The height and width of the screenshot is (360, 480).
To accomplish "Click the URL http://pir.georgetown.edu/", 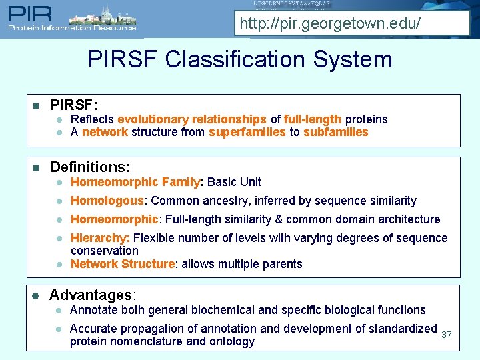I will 330,25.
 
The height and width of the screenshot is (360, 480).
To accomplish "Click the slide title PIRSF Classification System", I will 240,59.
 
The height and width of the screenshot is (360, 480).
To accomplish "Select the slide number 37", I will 447,335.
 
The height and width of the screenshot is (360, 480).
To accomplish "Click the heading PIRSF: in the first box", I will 74,105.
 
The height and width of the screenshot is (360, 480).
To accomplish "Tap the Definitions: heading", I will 90,167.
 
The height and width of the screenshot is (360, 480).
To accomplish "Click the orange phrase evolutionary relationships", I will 192,119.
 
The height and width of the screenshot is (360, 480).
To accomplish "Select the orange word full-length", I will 313,119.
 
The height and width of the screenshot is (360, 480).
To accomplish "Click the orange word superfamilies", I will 247,132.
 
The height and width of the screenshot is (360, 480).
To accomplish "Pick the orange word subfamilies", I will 336,132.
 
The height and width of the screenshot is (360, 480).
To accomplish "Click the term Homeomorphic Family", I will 135,182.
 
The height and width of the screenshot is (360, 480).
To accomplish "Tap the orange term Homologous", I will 107,201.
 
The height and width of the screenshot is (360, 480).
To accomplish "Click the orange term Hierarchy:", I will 100,238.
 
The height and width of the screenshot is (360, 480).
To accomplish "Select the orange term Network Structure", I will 123,264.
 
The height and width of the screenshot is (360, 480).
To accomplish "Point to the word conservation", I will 105,251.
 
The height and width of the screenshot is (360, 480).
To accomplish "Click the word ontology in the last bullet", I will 233,341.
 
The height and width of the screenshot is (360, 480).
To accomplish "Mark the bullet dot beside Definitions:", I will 37,167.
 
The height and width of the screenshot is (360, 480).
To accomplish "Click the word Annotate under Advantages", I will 92,310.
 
